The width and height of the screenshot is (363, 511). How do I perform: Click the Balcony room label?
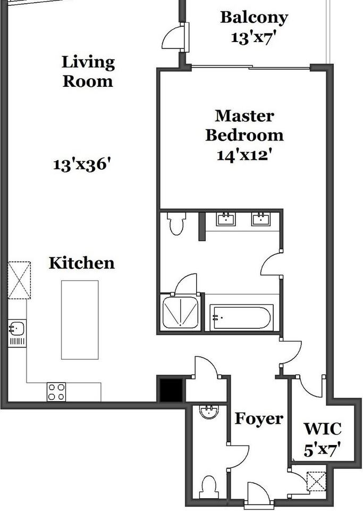(x=254, y=18)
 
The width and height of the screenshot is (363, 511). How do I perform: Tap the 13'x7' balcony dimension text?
(x=254, y=38)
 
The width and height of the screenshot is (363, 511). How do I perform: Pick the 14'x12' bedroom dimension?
(x=244, y=155)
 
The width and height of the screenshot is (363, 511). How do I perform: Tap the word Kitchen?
(x=81, y=263)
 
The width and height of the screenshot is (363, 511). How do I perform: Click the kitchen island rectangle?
(x=80, y=319)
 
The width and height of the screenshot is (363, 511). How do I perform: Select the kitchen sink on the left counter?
(x=16, y=327)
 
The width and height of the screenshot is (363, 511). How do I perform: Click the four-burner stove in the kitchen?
(x=56, y=392)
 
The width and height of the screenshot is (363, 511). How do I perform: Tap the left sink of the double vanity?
(x=227, y=219)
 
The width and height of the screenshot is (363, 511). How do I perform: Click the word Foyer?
(x=259, y=419)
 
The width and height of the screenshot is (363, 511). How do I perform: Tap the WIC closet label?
(x=322, y=428)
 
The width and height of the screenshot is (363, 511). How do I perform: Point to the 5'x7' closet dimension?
(x=322, y=450)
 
